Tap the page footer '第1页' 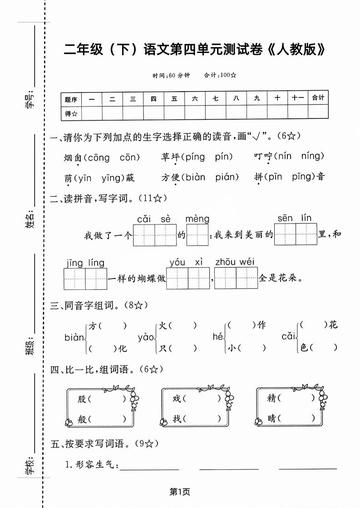180,491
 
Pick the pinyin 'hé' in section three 212,338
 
